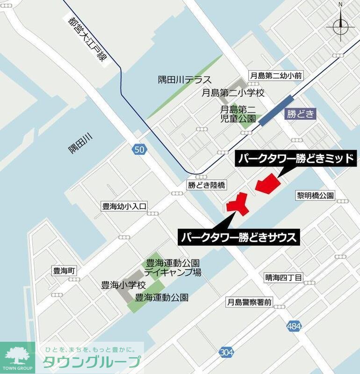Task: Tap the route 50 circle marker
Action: point(139,150)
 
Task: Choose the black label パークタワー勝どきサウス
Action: point(239,237)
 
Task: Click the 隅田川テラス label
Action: point(185,80)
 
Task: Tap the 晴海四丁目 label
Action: point(283,278)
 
